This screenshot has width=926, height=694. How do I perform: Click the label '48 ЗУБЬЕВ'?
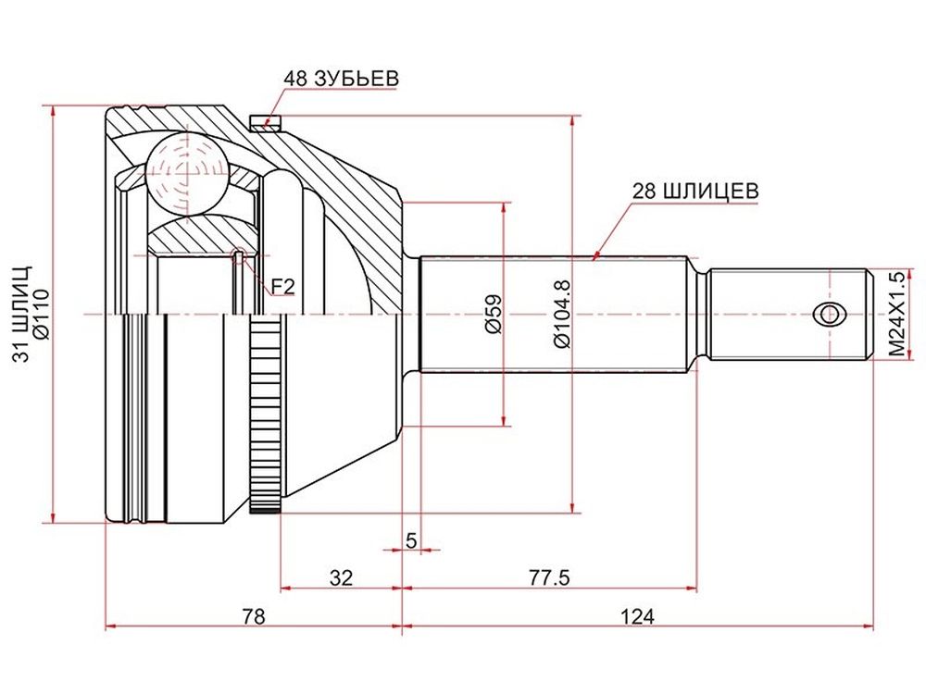[x=342, y=79]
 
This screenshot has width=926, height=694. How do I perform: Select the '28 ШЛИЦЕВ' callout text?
[x=695, y=192]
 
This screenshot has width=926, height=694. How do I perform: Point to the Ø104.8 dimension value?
[x=562, y=314]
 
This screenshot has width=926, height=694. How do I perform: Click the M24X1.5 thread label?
[x=896, y=314]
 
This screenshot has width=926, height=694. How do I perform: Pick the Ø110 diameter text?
[x=43, y=314]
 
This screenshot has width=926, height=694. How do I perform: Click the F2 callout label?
[x=282, y=287]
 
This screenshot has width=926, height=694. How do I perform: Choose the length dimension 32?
[x=341, y=577]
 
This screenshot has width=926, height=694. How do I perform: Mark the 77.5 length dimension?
[x=548, y=577]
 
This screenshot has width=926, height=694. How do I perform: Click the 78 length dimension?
[x=254, y=616]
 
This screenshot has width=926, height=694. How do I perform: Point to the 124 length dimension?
[x=637, y=616]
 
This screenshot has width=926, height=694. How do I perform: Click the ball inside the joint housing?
[x=187, y=173]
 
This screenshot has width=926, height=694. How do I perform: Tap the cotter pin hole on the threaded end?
[x=829, y=314]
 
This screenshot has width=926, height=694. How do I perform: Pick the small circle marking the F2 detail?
[x=237, y=255]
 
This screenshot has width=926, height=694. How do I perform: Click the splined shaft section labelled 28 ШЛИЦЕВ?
[x=554, y=314]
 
